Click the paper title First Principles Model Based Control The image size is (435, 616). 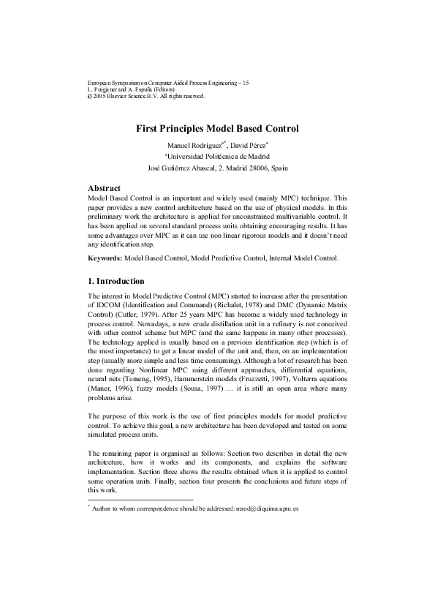pos(218,128)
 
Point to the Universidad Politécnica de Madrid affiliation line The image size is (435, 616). pos(218,156)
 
